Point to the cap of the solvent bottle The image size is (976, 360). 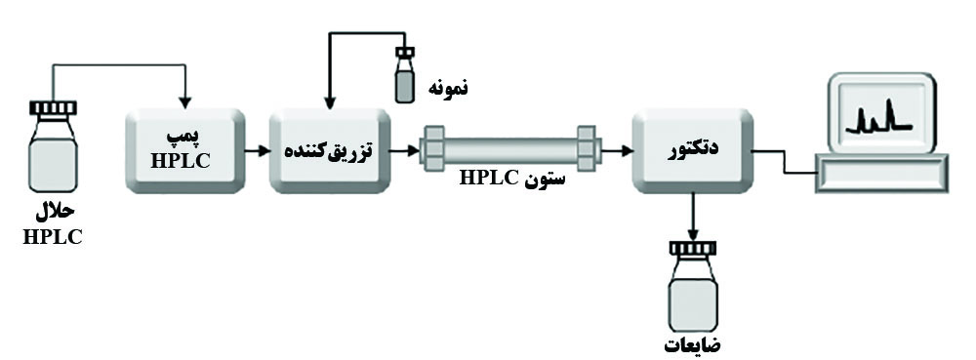[x=53, y=107]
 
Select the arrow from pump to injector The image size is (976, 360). [x=256, y=150]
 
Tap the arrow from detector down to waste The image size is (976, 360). [x=692, y=218]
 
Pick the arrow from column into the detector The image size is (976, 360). [x=613, y=150]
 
